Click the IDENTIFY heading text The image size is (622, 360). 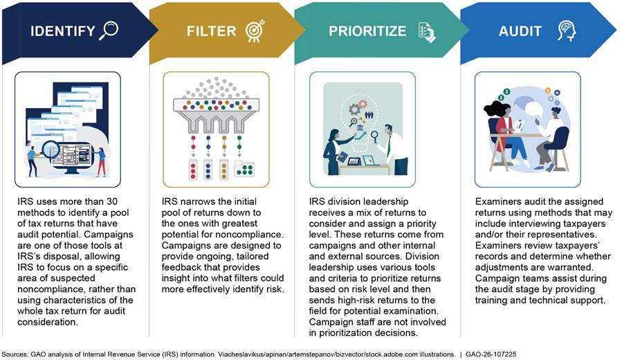click(63, 31)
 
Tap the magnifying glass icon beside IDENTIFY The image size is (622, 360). click(109, 30)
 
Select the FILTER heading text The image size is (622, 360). click(212, 31)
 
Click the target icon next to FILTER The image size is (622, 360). click(255, 30)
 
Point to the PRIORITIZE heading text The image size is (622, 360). click(367, 31)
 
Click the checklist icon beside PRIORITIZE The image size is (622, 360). click(427, 32)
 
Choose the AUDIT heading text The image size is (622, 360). click(520, 31)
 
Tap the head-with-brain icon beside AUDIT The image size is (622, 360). click(567, 31)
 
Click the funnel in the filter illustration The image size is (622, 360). click(216, 115)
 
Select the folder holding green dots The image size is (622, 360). click(244, 168)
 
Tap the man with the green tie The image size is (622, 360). click(393, 150)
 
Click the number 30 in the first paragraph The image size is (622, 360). click(112, 201)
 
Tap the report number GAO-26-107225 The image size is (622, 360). click(491, 354)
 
